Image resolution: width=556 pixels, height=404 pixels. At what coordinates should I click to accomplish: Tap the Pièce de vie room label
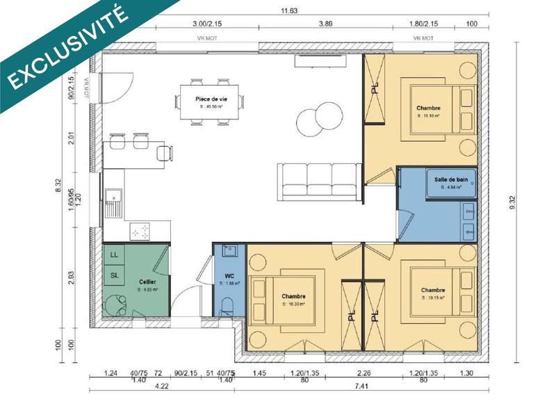coord(211,99)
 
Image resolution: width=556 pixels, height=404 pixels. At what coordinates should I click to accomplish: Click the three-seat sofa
coord(319,178)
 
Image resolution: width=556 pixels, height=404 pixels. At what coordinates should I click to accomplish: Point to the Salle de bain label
coord(448,179)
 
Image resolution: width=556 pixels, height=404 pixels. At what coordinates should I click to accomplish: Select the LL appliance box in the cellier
coord(113,255)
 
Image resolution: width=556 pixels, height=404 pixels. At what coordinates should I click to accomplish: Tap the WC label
coord(229,276)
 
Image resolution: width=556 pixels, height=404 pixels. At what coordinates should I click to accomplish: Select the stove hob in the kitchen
coord(141,232)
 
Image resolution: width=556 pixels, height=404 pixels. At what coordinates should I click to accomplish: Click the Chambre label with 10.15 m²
coord(432,291)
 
